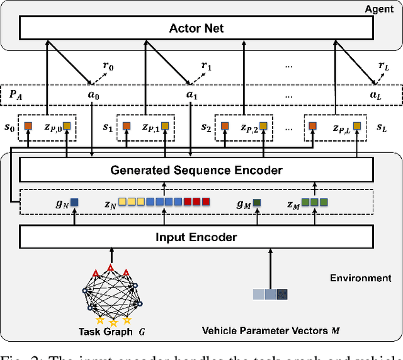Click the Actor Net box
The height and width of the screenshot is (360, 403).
(196, 28)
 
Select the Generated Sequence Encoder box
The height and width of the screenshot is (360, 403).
(196, 169)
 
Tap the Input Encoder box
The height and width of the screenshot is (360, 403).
(196, 237)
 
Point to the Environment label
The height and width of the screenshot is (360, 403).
(361, 278)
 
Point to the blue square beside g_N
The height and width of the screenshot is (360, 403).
(74, 203)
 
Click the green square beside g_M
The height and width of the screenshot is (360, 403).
(257, 203)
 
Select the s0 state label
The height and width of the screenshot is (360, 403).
(8, 127)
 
